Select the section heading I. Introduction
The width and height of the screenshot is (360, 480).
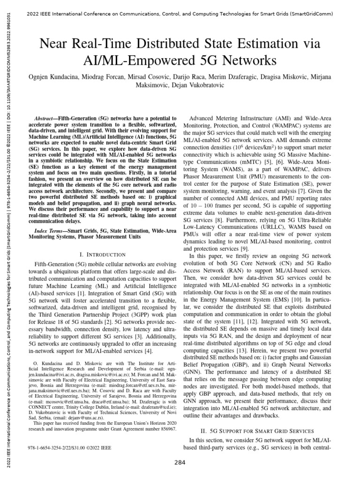coord(103,254)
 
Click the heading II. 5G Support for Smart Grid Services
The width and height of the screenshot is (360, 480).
coord(261,429)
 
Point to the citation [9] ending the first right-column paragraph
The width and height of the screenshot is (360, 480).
coord(245,248)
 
